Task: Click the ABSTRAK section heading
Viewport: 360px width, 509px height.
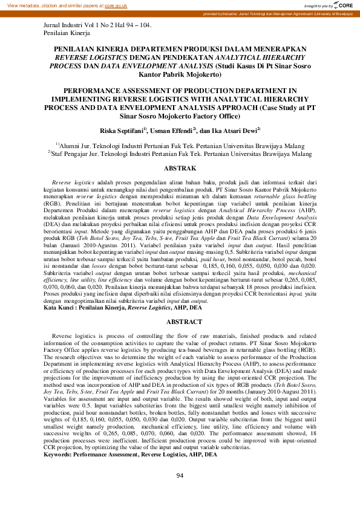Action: (180, 167)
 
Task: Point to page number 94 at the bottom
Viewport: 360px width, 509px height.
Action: (180, 493)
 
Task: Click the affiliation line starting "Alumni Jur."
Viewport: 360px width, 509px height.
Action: (180, 146)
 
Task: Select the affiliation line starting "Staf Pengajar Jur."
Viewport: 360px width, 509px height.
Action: (180, 154)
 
